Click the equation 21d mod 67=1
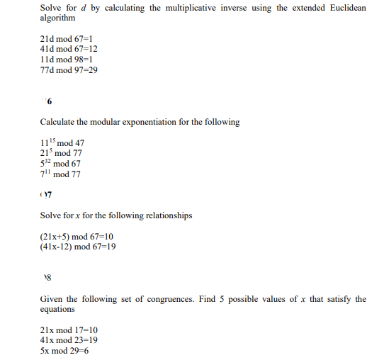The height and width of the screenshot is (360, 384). pyautogui.click(x=67, y=38)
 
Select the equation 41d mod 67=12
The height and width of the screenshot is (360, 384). pyautogui.click(x=69, y=48)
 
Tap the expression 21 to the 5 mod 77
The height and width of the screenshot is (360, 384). pyautogui.click(x=61, y=153)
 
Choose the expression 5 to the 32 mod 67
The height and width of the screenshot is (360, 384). pyautogui.click(x=61, y=164)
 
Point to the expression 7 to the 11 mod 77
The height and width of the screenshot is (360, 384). pyautogui.click(x=61, y=174)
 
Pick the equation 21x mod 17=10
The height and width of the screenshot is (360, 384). pyautogui.click(x=69, y=330)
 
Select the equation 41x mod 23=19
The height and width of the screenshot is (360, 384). pyautogui.click(x=69, y=340)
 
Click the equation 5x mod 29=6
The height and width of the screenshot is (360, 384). pyautogui.click(x=64, y=351)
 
